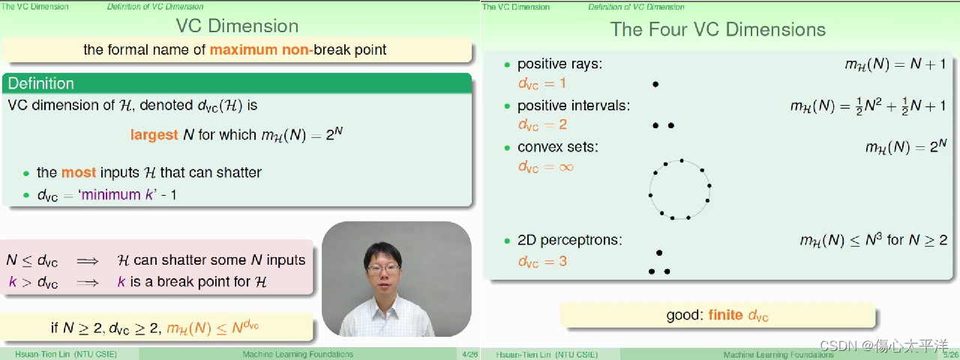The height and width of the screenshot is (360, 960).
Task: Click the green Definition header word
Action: pos(40,83)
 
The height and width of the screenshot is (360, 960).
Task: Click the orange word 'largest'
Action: pos(154,135)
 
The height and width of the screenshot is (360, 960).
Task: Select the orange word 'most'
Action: pos(79,172)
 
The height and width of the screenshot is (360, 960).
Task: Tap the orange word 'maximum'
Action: pos(244,49)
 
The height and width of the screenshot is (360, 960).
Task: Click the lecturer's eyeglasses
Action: pos(382,269)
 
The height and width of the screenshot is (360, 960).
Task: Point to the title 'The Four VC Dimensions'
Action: pos(718,29)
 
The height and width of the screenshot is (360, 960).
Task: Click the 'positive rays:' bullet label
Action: pos(559,64)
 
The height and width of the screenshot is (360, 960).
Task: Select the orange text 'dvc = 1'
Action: pos(541,83)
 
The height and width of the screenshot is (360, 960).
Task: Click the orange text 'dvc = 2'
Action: pos(542,124)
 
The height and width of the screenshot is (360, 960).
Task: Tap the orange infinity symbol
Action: pos(566,167)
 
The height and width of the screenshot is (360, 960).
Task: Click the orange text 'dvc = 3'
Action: pos(542,262)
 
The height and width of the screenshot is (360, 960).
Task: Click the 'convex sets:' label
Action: pos(557,147)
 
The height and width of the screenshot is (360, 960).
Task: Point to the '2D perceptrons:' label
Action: pos(569,240)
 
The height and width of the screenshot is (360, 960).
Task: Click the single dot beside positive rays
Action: pos(655,85)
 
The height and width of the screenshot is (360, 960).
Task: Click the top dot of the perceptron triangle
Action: pos(659,253)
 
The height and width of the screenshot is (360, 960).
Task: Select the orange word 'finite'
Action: pos(725,315)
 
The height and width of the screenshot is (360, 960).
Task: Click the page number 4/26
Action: pos(469,355)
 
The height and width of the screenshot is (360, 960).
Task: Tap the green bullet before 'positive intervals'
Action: pos(508,106)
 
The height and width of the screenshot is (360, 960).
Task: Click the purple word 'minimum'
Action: pos(111,195)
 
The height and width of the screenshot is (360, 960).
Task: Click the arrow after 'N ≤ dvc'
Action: pos(88,261)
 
